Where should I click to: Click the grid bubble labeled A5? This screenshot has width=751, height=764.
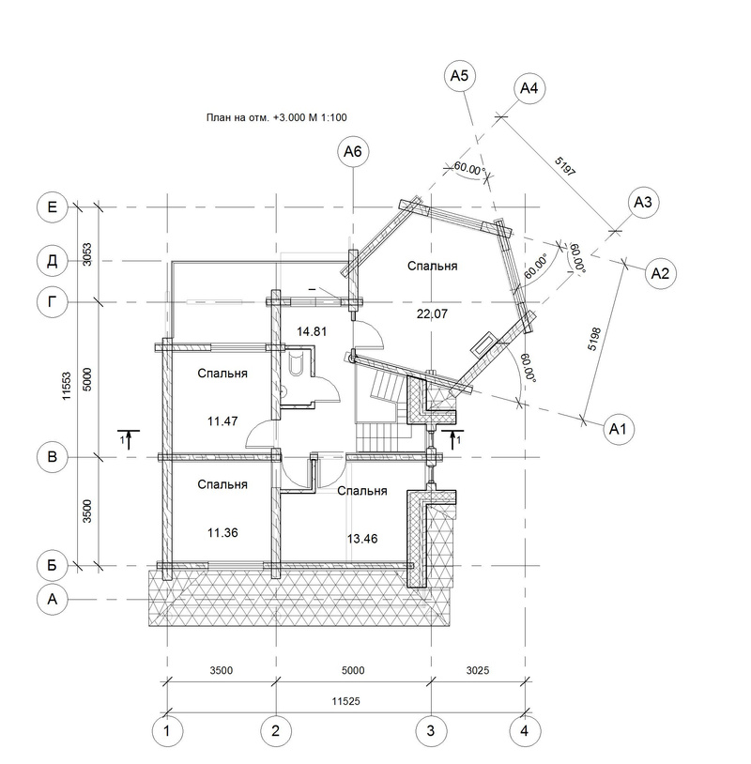click(460, 75)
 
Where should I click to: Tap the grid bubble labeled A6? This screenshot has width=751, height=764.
click(353, 151)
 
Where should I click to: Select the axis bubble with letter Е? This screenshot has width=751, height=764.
click(53, 207)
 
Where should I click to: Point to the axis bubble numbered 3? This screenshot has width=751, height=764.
click(431, 731)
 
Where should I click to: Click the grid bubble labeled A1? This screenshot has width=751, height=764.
click(618, 429)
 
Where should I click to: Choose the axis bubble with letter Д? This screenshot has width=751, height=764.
click(53, 261)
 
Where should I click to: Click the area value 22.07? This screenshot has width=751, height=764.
click(432, 314)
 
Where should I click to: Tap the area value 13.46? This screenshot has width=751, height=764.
click(362, 539)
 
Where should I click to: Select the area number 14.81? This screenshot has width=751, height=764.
click(312, 332)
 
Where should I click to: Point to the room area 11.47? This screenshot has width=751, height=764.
click(222, 421)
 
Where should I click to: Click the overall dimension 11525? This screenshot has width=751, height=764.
click(346, 701)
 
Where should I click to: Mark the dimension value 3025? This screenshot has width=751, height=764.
click(478, 670)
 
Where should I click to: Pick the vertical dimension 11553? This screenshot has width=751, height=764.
click(67, 387)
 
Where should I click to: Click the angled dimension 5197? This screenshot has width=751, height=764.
click(565, 167)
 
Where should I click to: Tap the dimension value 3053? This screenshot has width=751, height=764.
click(87, 254)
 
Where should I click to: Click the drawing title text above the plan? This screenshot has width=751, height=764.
click(276, 117)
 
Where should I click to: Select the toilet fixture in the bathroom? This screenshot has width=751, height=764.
click(296, 364)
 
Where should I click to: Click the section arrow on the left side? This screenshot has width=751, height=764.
click(129, 439)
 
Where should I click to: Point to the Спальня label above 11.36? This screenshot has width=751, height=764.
click(222, 485)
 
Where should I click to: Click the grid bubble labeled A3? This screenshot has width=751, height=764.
click(643, 202)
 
